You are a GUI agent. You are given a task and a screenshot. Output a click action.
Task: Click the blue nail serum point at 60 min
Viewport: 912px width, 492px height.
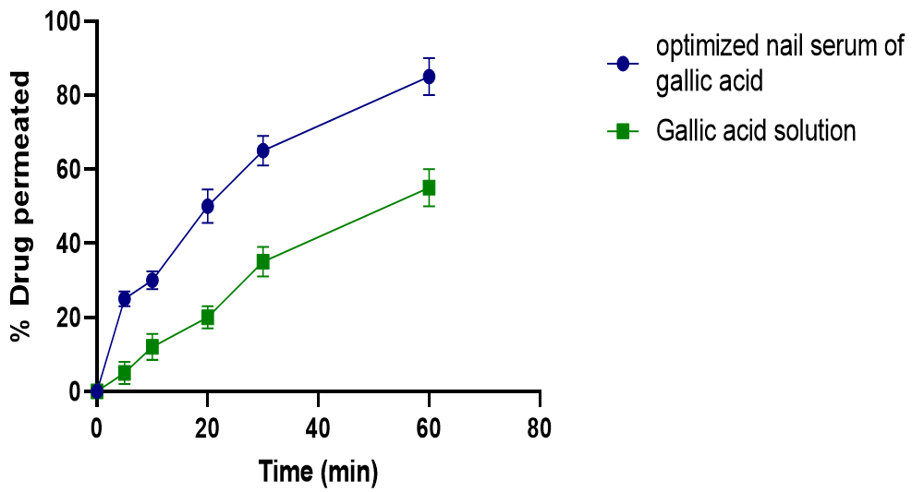(x=429, y=77)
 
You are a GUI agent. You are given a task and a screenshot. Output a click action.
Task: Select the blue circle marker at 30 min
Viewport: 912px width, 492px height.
(x=262, y=150)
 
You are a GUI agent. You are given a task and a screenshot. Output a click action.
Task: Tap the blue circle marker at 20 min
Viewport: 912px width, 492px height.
(x=207, y=206)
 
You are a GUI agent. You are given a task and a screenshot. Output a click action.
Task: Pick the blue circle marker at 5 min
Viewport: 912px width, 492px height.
(x=125, y=298)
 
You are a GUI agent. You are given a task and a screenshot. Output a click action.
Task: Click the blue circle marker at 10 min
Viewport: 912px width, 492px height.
(x=152, y=280)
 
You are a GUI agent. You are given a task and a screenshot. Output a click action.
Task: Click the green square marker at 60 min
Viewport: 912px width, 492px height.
(x=429, y=187)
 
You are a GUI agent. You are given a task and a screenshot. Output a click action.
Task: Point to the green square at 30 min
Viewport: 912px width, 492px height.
(x=262, y=261)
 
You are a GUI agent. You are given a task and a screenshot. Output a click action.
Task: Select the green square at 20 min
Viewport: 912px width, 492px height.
(x=207, y=317)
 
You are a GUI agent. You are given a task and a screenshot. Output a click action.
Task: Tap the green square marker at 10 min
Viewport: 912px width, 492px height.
(x=152, y=347)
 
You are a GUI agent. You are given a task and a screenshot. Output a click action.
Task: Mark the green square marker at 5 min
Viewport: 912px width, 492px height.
(x=125, y=373)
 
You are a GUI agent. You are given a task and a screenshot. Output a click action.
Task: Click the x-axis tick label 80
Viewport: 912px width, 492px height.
(x=540, y=426)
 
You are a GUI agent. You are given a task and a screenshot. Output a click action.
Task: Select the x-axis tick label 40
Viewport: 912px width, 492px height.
(x=318, y=426)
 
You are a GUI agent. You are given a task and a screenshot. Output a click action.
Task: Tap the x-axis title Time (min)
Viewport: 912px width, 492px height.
(x=318, y=473)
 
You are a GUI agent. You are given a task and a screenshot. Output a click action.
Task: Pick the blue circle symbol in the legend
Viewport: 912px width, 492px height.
(x=623, y=64)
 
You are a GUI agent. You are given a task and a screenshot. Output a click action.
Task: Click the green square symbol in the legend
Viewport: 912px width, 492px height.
(x=623, y=131)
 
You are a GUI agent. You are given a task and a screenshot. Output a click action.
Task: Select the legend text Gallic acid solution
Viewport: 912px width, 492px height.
(x=756, y=131)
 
